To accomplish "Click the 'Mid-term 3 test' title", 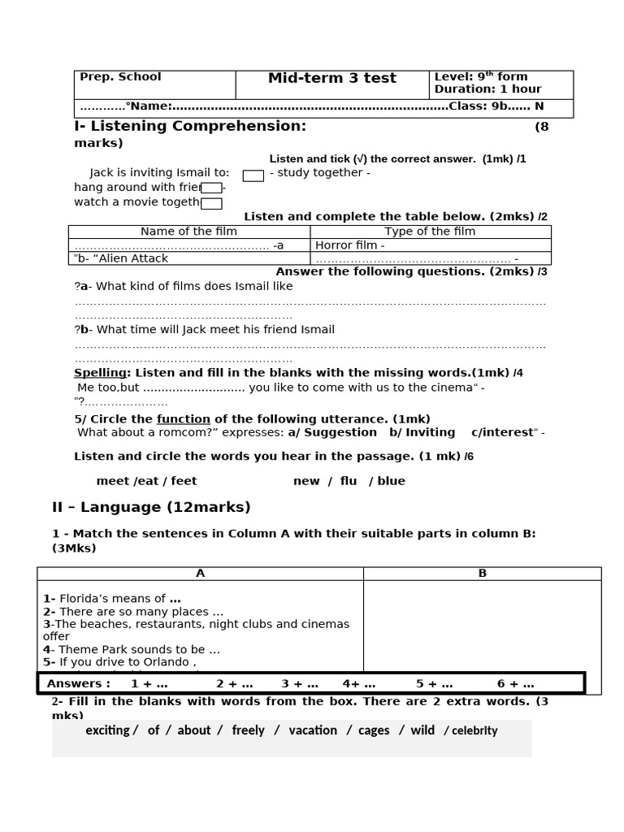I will coord(332,78).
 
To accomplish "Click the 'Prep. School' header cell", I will coord(120,76).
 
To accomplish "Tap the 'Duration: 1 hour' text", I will coord(487,89).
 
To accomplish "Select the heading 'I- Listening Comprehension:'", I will coord(190,126).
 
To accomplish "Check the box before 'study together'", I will coord(253,175).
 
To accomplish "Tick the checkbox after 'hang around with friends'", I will coord(211,188).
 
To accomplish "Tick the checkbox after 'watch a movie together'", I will coord(211,203).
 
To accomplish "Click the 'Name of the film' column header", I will coord(188,232).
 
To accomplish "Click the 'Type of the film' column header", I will coord(430,232).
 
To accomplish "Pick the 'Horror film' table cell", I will coord(349,245).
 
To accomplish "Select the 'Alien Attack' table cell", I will coord(122,258).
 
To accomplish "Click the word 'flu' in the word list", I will coord(349,481).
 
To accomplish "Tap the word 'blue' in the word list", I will coord(391,481).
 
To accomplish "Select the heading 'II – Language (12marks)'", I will coord(151,507).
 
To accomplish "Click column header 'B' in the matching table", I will coord(482,573).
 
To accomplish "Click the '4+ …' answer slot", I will coord(359,683).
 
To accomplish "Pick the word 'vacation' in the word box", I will coord(313,730).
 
